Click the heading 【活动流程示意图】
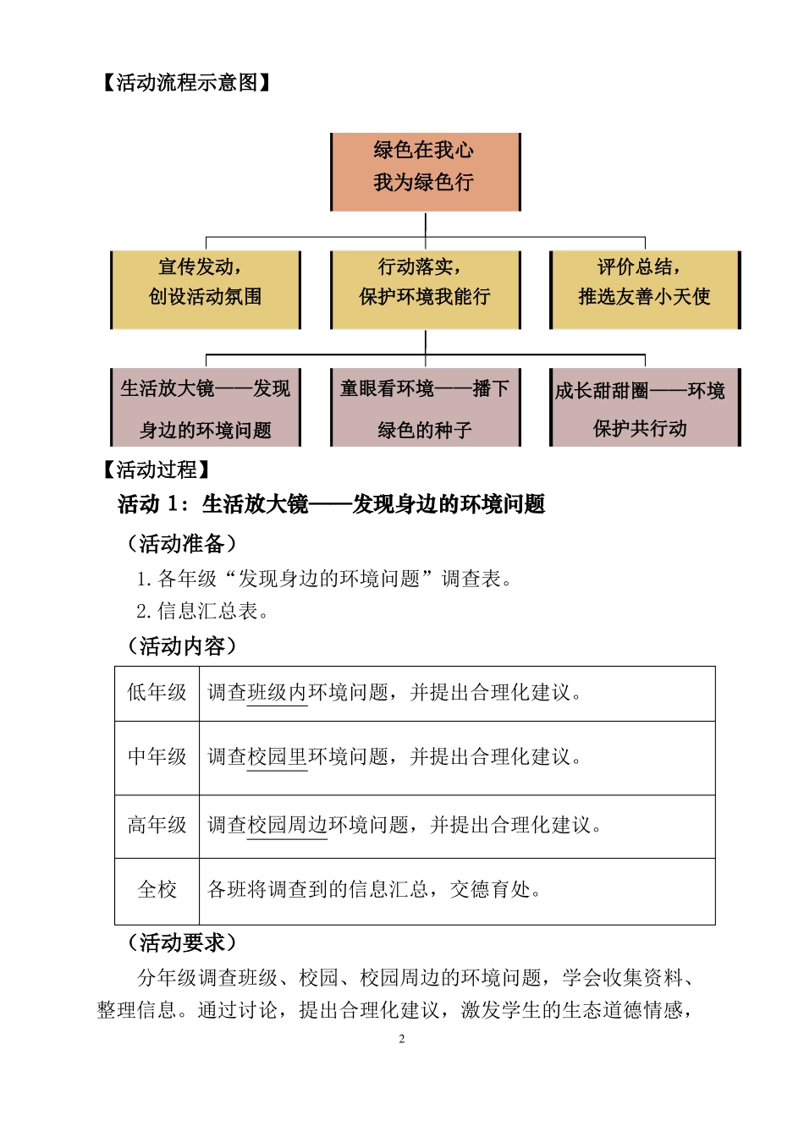(186, 82)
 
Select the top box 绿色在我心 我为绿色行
(425, 172)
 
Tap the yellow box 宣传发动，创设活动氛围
(206, 289)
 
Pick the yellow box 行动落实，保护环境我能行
(425, 289)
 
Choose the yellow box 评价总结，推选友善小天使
(645, 289)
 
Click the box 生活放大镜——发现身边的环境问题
(206, 408)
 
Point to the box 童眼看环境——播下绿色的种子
(425, 408)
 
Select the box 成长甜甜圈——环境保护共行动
(645, 408)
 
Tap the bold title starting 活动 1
(331, 505)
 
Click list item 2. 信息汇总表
(203, 611)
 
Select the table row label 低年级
(157, 693)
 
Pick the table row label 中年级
(157, 756)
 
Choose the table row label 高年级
(157, 825)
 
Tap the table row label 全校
(157, 890)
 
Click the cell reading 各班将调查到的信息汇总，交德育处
(375, 890)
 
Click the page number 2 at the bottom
(402, 1039)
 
